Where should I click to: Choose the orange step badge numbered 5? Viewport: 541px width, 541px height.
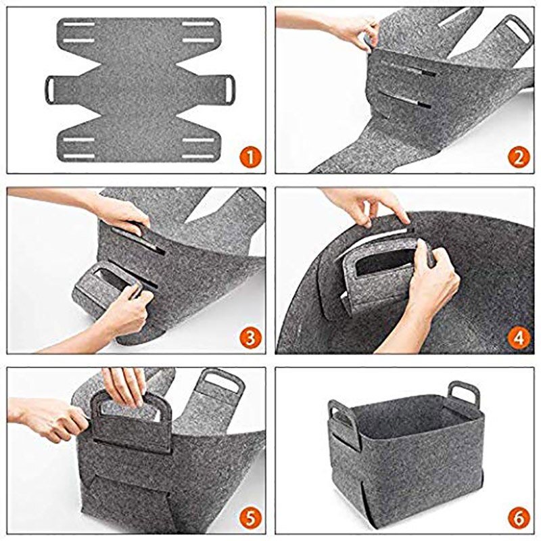point(250,518)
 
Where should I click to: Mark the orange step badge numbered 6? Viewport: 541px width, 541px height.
point(517,518)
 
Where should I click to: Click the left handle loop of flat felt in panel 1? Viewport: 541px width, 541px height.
point(53,87)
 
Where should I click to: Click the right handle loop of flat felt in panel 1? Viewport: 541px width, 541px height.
point(227,87)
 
